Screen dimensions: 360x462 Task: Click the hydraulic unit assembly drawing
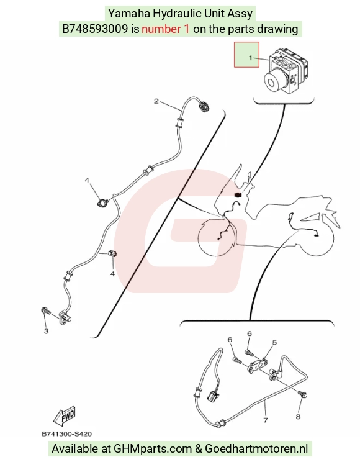(x=286, y=71)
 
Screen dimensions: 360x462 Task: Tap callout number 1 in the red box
(x=250, y=58)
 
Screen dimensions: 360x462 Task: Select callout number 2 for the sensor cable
(x=156, y=101)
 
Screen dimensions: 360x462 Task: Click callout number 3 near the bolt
(x=47, y=331)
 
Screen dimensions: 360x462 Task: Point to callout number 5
(x=274, y=342)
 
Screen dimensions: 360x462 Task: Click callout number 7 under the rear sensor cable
(x=266, y=420)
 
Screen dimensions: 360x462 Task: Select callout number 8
(x=298, y=417)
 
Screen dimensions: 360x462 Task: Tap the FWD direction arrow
(x=65, y=416)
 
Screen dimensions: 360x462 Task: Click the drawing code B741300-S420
(x=66, y=434)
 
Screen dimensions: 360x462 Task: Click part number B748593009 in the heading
(x=95, y=29)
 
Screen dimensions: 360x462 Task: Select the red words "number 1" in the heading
(x=166, y=29)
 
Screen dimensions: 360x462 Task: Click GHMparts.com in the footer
(x=153, y=449)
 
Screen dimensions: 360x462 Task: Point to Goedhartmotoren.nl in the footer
(x=256, y=449)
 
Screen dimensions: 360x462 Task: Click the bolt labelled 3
(x=46, y=310)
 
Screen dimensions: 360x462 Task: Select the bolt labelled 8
(x=302, y=394)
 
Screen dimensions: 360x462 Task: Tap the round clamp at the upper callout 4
(x=103, y=202)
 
